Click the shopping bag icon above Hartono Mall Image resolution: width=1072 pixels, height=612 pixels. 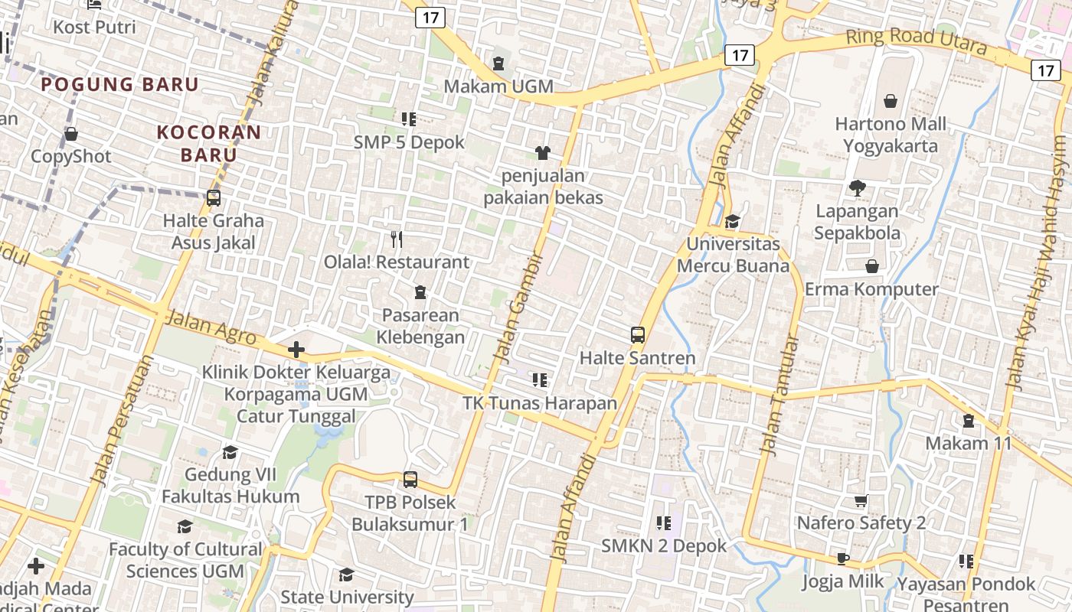click(891, 101)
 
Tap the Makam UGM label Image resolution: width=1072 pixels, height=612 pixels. click(498, 86)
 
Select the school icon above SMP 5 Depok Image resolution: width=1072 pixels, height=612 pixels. click(409, 119)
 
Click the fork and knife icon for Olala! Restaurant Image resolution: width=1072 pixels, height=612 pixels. click(397, 239)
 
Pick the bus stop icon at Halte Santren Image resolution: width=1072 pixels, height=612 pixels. click(638, 334)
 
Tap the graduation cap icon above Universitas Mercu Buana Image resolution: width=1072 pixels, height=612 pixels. click(733, 221)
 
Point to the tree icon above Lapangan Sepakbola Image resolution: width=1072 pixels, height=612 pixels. click(857, 187)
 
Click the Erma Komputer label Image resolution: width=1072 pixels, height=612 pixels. click(871, 289)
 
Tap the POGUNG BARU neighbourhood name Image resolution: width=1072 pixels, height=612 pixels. click(120, 84)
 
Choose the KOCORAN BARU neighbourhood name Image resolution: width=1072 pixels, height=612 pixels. click(209, 143)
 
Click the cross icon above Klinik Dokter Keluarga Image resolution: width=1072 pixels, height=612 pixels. click(296, 350)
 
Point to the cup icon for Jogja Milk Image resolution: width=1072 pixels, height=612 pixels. click(843, 558)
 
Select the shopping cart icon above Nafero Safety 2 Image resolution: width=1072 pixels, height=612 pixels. click(861, 500)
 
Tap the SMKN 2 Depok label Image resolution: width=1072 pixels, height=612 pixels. click(664, 546)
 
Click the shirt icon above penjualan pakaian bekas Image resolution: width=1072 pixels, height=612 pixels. click(543, 153)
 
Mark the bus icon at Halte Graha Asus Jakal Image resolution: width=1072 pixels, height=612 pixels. click(214, 198)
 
